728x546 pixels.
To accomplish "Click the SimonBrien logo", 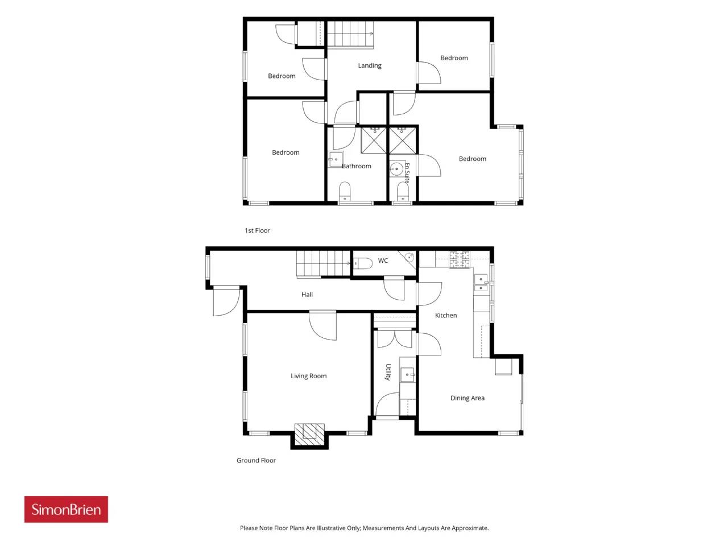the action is tap(66, 509).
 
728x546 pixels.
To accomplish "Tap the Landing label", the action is tap(370, 65).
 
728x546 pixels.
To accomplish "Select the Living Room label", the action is tap(308, 375).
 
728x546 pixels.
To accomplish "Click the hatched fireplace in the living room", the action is tap(309, 434).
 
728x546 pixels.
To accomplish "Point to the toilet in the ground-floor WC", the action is tap(362, 263).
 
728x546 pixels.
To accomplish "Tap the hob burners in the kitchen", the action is tap(460, 259).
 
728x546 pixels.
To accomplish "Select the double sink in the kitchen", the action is tap(481, 283).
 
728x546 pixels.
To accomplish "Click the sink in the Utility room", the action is tap(407, 375).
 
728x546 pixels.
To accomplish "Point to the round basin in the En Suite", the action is tap(396, 169).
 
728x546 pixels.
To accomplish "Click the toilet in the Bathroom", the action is tap(345, 191).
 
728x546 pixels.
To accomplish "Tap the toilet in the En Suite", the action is tap(403, 192).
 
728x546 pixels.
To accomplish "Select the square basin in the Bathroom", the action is tap(336, 159).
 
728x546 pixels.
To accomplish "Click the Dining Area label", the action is tap(467, 398).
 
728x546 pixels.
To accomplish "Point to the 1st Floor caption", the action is tap(257, 230).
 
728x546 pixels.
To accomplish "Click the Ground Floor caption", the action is tap(256, 460).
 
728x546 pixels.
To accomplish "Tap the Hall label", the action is tap(307, 295).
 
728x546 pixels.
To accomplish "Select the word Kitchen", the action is tap(446, 315).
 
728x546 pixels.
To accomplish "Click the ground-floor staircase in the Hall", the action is tap(324, 263).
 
